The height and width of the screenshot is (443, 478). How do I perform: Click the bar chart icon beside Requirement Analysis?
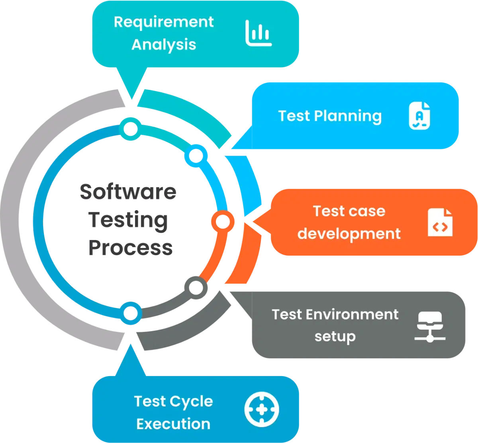(259, 33)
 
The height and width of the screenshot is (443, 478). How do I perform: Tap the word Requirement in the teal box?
(164, 22)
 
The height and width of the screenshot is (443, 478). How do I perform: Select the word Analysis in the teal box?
(164, 45)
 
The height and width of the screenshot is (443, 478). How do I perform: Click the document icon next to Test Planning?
(420, 116)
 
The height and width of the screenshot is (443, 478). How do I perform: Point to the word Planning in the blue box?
(348, 116)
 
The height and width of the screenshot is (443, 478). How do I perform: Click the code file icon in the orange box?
(440, 222)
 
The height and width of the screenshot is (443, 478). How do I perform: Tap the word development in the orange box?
(349, 234)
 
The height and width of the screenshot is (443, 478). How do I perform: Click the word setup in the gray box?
(335, 337)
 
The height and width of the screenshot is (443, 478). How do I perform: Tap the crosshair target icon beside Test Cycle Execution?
(262, 409)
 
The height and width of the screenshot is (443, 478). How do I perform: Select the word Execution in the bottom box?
(173, 424)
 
